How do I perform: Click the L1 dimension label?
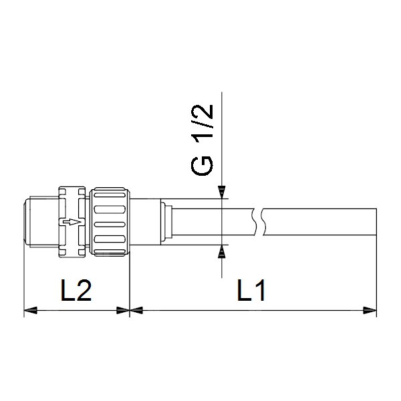tap(251, 291)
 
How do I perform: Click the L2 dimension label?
tap(74, 291)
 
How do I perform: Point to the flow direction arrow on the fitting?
tap(70, 222)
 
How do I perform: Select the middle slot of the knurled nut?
tap(109, 223)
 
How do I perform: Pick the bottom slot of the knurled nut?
tap(109, 237)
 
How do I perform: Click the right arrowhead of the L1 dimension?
tap(370, 310)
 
